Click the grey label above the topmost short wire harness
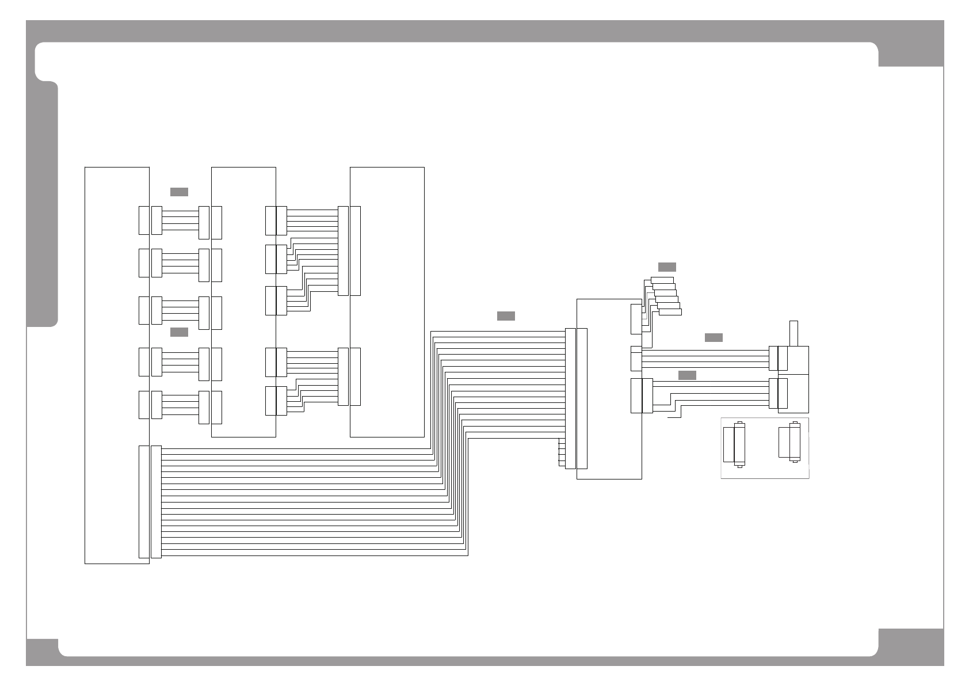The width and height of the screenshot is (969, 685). coord(179,192)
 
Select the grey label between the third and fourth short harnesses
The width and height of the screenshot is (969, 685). coord(179,332)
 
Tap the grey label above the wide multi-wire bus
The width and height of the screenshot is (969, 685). coord(506,316)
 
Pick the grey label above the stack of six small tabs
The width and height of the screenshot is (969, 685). coord(667,267)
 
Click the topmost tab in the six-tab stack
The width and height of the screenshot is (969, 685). coord(662,280)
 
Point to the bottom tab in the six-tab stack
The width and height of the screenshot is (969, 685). coord(670,312)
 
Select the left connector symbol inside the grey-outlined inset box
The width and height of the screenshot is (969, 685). coord(735,443)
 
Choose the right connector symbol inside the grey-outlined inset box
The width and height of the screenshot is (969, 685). coord(790,442)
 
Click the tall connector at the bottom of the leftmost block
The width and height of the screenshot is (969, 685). coord(144,501)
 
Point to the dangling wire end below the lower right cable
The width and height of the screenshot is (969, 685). coord(674,418)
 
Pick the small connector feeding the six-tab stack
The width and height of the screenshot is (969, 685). coord(635,319)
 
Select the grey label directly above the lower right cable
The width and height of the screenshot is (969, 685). coord(687,375)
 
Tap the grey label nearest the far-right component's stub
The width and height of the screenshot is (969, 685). coord(714,337)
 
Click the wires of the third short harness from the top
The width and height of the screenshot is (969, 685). coord(180,311)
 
